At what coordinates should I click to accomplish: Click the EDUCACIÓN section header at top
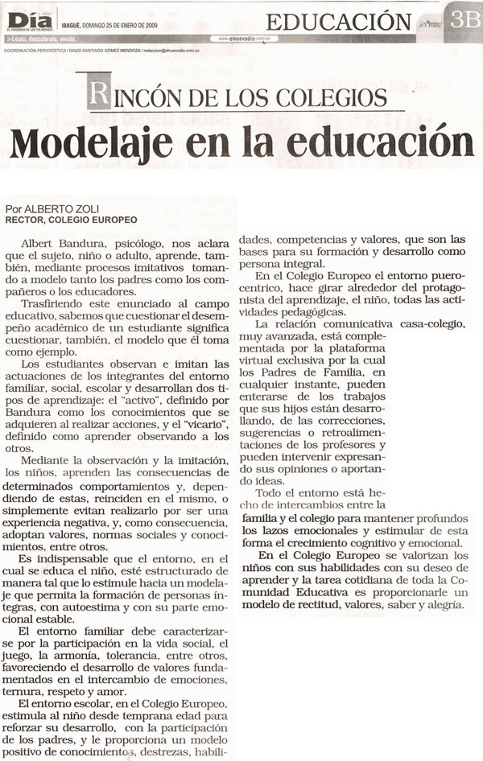338,21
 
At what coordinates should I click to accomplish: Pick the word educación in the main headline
378,142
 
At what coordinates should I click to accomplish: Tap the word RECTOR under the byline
23,219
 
